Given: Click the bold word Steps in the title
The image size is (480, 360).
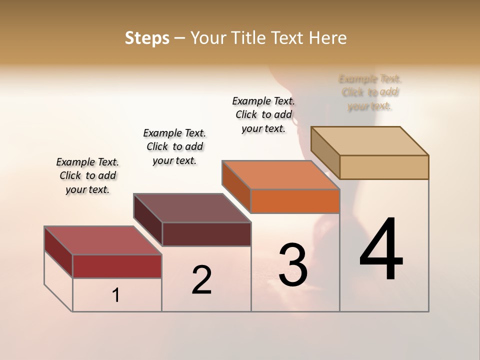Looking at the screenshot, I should [x=147, y=38].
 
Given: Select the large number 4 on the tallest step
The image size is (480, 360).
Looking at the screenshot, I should [x=381, y=250].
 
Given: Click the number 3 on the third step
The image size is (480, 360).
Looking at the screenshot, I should [x=292, y=265].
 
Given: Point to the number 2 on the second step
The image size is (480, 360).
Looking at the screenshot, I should [x=202, y=280].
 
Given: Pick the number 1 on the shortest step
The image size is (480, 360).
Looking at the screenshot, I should [x=116, y=295].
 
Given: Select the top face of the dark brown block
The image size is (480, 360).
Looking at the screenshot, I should [x=192, y=208].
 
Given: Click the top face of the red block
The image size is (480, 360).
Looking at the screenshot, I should [x=103, y=240].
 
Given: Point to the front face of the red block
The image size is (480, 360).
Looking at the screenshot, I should [x=117, y=266].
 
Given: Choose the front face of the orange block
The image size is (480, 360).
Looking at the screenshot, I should [x=295, y=201].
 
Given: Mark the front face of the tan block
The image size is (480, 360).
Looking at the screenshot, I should [x=384, y=167].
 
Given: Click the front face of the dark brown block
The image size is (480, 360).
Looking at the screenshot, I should [x=206, y=234].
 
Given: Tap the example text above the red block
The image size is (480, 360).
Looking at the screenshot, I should [x=87, y=175].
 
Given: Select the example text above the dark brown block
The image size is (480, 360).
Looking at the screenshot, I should [x=174, y=146].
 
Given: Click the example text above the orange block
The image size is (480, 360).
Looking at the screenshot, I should [x=263, y=114].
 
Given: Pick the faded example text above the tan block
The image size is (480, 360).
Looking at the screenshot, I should [x=370, y=92].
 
